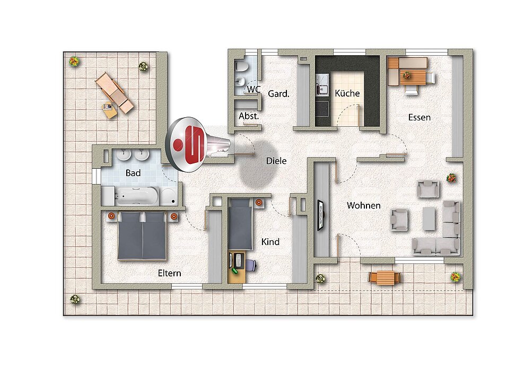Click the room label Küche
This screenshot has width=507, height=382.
(x=347, y=93)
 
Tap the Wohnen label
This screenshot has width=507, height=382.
(x=363, y=205)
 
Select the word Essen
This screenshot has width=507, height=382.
(x=419, y=117)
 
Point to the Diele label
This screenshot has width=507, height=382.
(x=276, y=161)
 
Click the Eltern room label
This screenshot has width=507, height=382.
(x=169, y=273)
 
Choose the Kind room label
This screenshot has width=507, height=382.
(x=270, y=242)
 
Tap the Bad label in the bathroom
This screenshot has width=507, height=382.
(x=133, y=173)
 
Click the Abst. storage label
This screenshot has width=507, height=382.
(x=249, y=116)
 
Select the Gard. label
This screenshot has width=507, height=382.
(x=278, y=94)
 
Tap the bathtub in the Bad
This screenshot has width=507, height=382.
(x=137, y=196)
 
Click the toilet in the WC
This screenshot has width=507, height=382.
(x=241, y=66)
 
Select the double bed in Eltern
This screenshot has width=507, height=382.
(x=142, y=236)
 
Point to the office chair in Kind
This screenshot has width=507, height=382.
(x=251, y=266)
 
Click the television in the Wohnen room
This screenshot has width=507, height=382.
(x=321, y=215)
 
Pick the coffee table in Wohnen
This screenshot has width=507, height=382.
(x=429, y=219)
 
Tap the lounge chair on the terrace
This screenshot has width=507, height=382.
(x=115, y=92)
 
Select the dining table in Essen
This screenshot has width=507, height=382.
(x=413, y=77)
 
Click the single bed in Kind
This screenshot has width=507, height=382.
(x=240, y=224)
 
